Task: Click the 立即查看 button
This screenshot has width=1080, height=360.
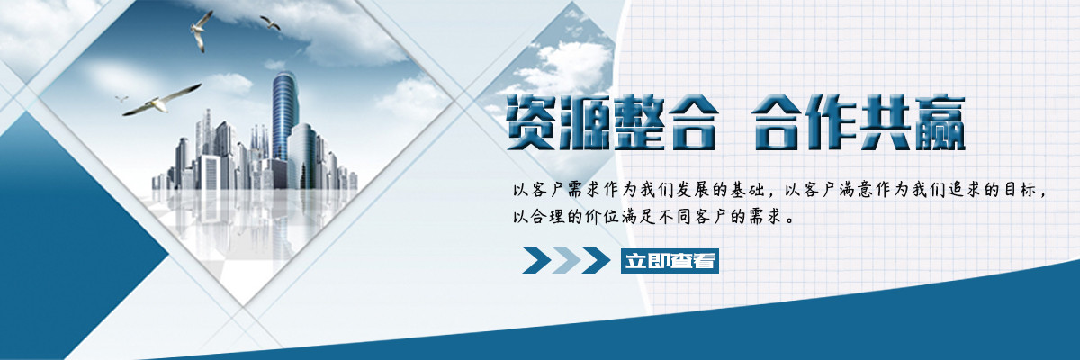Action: pos(670,261)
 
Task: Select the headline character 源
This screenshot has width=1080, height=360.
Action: pos(585,122)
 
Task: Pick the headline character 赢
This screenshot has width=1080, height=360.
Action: pos(938,122)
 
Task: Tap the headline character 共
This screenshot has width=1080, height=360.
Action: pos(886,122)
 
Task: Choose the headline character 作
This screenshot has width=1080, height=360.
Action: pos(832,122)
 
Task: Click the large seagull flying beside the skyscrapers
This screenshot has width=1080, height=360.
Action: pos(161,101)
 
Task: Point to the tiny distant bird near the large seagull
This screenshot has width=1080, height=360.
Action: pos(121,98)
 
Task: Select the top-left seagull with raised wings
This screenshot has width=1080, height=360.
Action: pos(200,31)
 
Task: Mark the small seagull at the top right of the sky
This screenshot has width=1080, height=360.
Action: pos(271,22)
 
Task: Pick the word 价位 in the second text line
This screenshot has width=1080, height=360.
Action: pos(601,217)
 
